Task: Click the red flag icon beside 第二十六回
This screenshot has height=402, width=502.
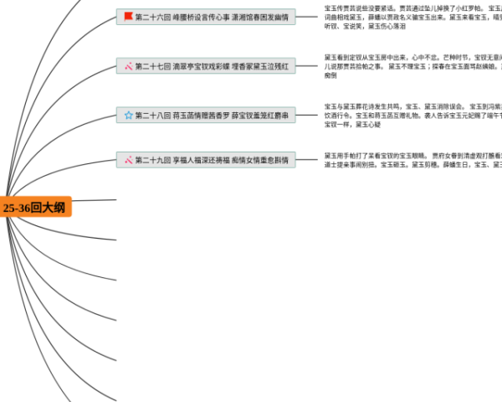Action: (x=128, y=17)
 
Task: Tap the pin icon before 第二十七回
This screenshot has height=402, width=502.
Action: (x=128, y=66)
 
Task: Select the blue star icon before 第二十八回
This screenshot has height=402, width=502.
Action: (x=128, y=116)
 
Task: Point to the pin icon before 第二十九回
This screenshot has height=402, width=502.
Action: (x=128, y=159)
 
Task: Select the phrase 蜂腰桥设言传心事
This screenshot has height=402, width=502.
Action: (x=201, y=17)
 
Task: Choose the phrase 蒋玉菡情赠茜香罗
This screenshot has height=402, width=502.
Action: (x=201, y=116)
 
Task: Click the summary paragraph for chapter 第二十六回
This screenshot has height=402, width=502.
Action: (x=410, y=17)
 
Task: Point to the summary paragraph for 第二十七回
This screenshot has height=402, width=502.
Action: (x=410, y=66)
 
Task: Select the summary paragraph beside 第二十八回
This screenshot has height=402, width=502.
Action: (x=410, y=116)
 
